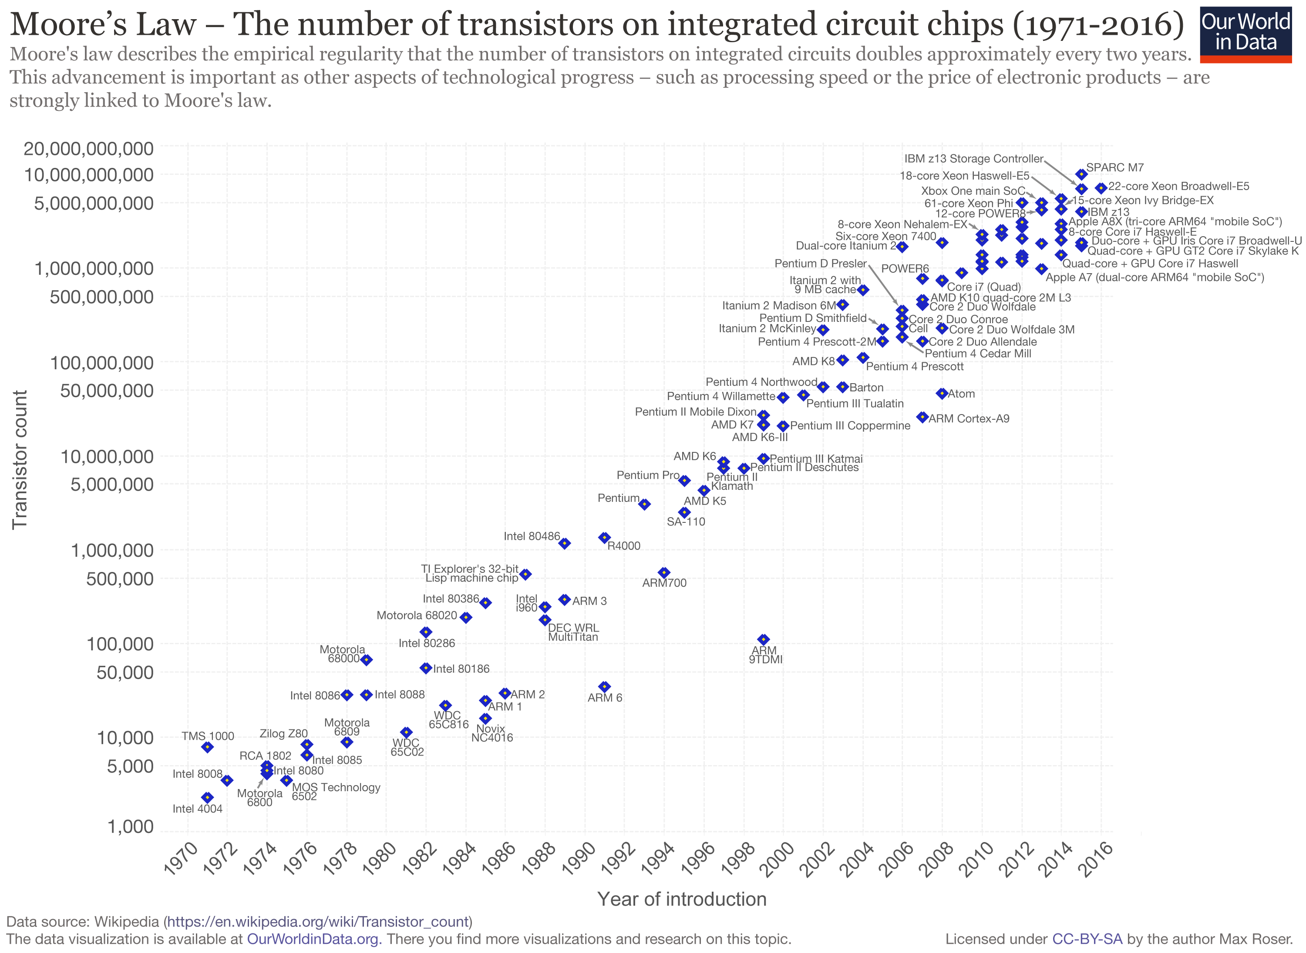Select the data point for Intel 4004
tap(207, 797)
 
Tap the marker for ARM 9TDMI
tap(763, 639)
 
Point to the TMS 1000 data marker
tap(207, 747)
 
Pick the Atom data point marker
tap(942, 394)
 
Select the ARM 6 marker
tap(605, 686)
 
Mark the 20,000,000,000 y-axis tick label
tap(88, 149)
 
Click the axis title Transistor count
tap(20, 459)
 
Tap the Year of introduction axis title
tap(681, 899)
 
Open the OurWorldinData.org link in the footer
tap(313, 939)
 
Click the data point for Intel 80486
tap(565, 543)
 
